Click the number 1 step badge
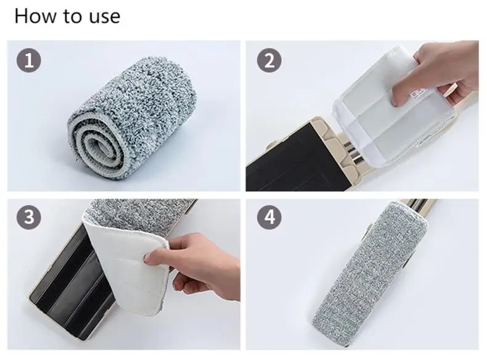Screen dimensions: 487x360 point(28,60)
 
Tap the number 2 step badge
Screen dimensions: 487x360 point(269,60)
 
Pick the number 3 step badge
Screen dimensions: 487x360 point(28,217)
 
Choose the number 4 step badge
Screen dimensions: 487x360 point(269,217)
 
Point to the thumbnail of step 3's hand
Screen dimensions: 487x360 point(149,258)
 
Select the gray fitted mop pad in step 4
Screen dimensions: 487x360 point(370,272)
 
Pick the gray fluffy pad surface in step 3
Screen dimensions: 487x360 point(140,215)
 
